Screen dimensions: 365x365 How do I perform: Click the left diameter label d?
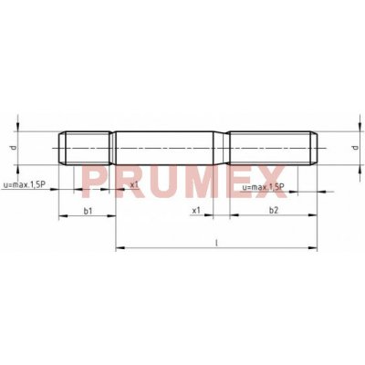click(13, 148)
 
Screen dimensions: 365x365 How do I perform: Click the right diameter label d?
click(354, 148)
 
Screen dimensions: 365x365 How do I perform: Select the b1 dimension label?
click(88, 211)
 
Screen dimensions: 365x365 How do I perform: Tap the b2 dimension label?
click(274, 210)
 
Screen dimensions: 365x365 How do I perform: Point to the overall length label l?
click(216, 243)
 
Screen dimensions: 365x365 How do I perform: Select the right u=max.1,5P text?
click(263, 187)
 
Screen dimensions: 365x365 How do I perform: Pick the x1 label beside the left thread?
click(134, 184)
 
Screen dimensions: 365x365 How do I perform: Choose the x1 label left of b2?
click(196, 210)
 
